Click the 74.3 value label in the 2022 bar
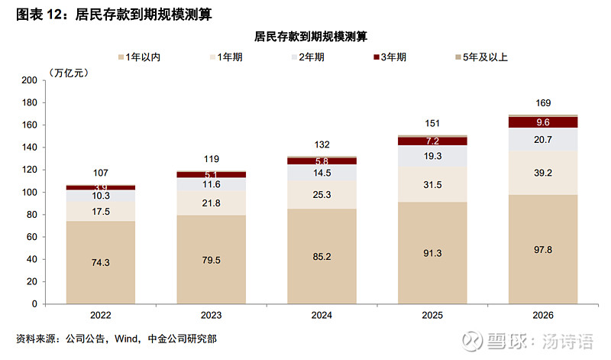[101, 262]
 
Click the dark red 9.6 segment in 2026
[544, 122]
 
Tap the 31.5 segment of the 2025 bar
[433, 186]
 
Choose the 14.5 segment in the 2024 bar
[322, 173]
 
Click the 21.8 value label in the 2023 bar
[212, 203]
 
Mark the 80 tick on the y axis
[32, 215]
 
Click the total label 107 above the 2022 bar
[101, 174]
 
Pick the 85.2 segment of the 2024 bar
[322, 257]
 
